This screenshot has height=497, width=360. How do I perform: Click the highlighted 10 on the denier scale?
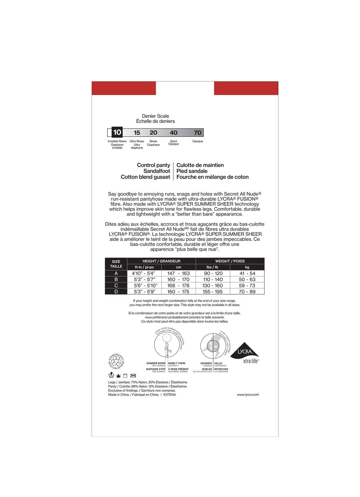pyautogui.click(x=117, y=132)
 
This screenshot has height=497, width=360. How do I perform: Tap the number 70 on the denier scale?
pyautogui.click(x=198, y=133)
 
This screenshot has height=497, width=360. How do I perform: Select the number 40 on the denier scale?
pyautogui.click(x=174, y=133)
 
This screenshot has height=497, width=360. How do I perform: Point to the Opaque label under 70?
pyautogui.click(x=198, y=141)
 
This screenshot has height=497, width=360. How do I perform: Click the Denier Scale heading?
pyautogui.click(x=155, y=116)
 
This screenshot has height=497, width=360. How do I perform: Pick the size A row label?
pyautogui.click(x=116, y=273)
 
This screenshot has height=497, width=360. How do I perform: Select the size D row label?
pyautogui.click(x=116, y=292)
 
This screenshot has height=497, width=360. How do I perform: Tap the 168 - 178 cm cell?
pyautogui.click(x=178, y=286)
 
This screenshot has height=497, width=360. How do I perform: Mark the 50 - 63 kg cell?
pyautogui.click(x=247, y=279)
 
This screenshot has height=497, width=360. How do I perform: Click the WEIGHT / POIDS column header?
pyautogui.click(x=230, y=261)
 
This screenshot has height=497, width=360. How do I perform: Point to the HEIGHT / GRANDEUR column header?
pyautogui.click(x=161, y=261)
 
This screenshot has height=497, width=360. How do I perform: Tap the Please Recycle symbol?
pyautogui.click(x=116, y=361)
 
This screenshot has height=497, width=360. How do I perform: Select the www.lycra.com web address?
pyautogui.click(x=248, y=395)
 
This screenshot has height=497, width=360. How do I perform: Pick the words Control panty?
pyautogui.click(x=153, y=165)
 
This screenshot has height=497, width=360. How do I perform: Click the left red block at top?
pyautogui.click(x=124, y=88)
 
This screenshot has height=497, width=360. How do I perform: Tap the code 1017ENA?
pyautogui.click(x=169, y=395)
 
